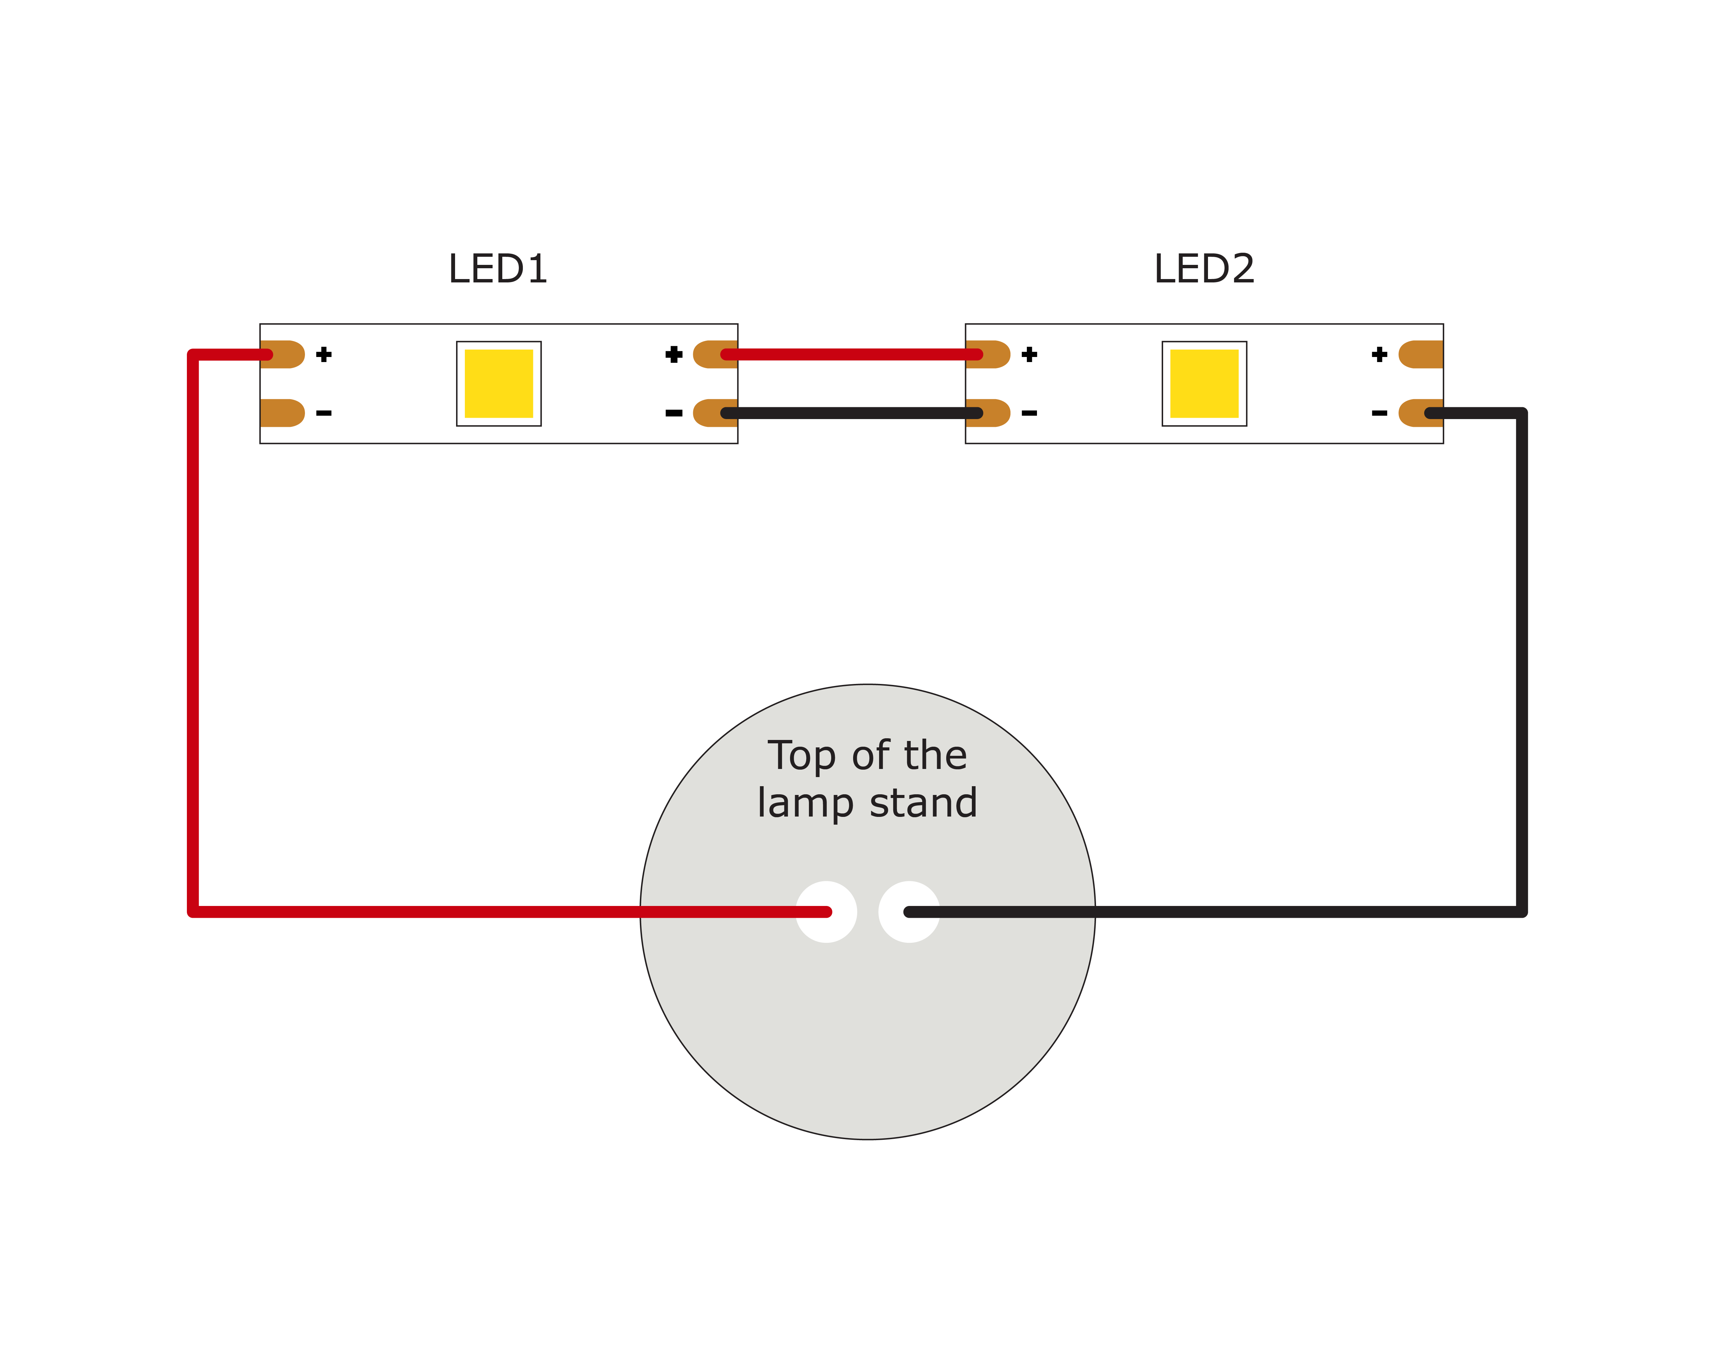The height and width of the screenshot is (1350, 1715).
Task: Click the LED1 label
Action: [x=498, y=269]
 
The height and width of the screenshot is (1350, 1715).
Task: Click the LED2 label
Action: [x=1204, y=269]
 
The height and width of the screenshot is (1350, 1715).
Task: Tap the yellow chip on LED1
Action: [x=499, y=383]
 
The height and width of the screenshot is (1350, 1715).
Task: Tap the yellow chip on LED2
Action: [x=1204, y=383]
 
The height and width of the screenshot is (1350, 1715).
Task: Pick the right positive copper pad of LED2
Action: [x=1420, y=354]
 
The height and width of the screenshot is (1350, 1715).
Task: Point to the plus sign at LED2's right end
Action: [x=1379, y=354]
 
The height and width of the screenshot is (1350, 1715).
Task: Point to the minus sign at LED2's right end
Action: [x=1379, y=413]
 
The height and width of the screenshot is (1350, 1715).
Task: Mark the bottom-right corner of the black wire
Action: [x=1521, y=911]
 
